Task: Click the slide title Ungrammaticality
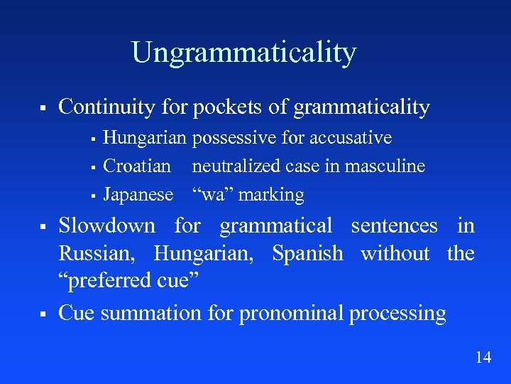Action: coord(243,53)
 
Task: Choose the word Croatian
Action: coord(137,166)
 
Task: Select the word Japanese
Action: coord(138,195)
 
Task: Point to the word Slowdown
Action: coord(106,226)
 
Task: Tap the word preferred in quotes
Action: coord(113,282)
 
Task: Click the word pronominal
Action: coord(291,314)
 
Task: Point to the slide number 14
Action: coord(483,358)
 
